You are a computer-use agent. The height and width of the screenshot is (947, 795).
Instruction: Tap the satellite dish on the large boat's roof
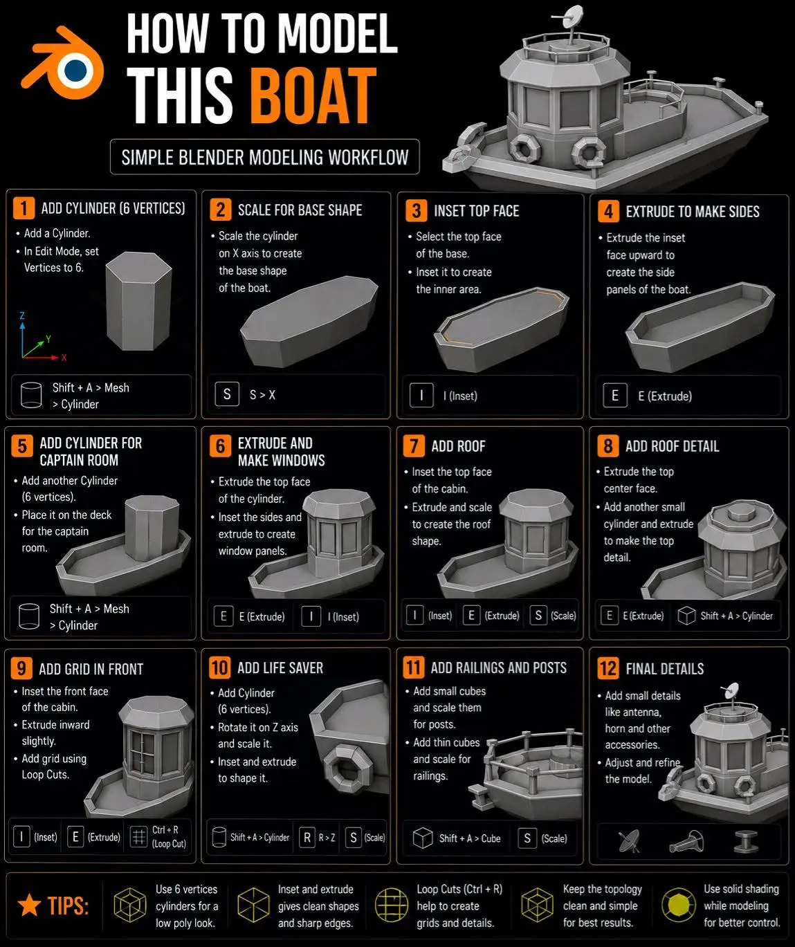coord(573,16)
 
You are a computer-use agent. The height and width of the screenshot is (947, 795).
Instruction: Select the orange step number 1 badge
coord(24,208)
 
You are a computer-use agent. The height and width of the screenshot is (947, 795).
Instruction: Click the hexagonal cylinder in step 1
coord(138,301)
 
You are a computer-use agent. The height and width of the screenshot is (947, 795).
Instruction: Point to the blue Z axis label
coord(21,315)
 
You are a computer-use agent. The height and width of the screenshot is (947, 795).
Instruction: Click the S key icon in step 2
coord(227,394)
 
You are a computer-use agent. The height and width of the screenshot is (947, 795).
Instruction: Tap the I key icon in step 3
coord(421,396)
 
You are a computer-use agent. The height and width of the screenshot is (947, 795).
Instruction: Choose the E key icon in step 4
coord(615,396)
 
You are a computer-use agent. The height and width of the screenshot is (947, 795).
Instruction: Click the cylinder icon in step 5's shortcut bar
coord(29,616)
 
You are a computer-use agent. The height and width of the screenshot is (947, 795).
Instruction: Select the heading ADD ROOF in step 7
coord(458,446)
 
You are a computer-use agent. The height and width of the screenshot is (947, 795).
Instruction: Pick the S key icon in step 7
coord(538,616)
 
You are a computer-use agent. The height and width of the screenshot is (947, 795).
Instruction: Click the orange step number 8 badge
coord(608,446)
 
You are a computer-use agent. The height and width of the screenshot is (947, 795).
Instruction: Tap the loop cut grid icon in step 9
coord(139,837)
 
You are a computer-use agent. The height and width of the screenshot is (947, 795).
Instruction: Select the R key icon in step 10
coord(307,837)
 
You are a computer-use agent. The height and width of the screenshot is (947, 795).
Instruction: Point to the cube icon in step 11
coord(423,838)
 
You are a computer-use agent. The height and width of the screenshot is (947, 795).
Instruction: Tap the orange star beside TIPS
coord(29,905)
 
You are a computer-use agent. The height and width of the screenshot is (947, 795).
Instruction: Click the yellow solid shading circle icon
coord(678,905)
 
